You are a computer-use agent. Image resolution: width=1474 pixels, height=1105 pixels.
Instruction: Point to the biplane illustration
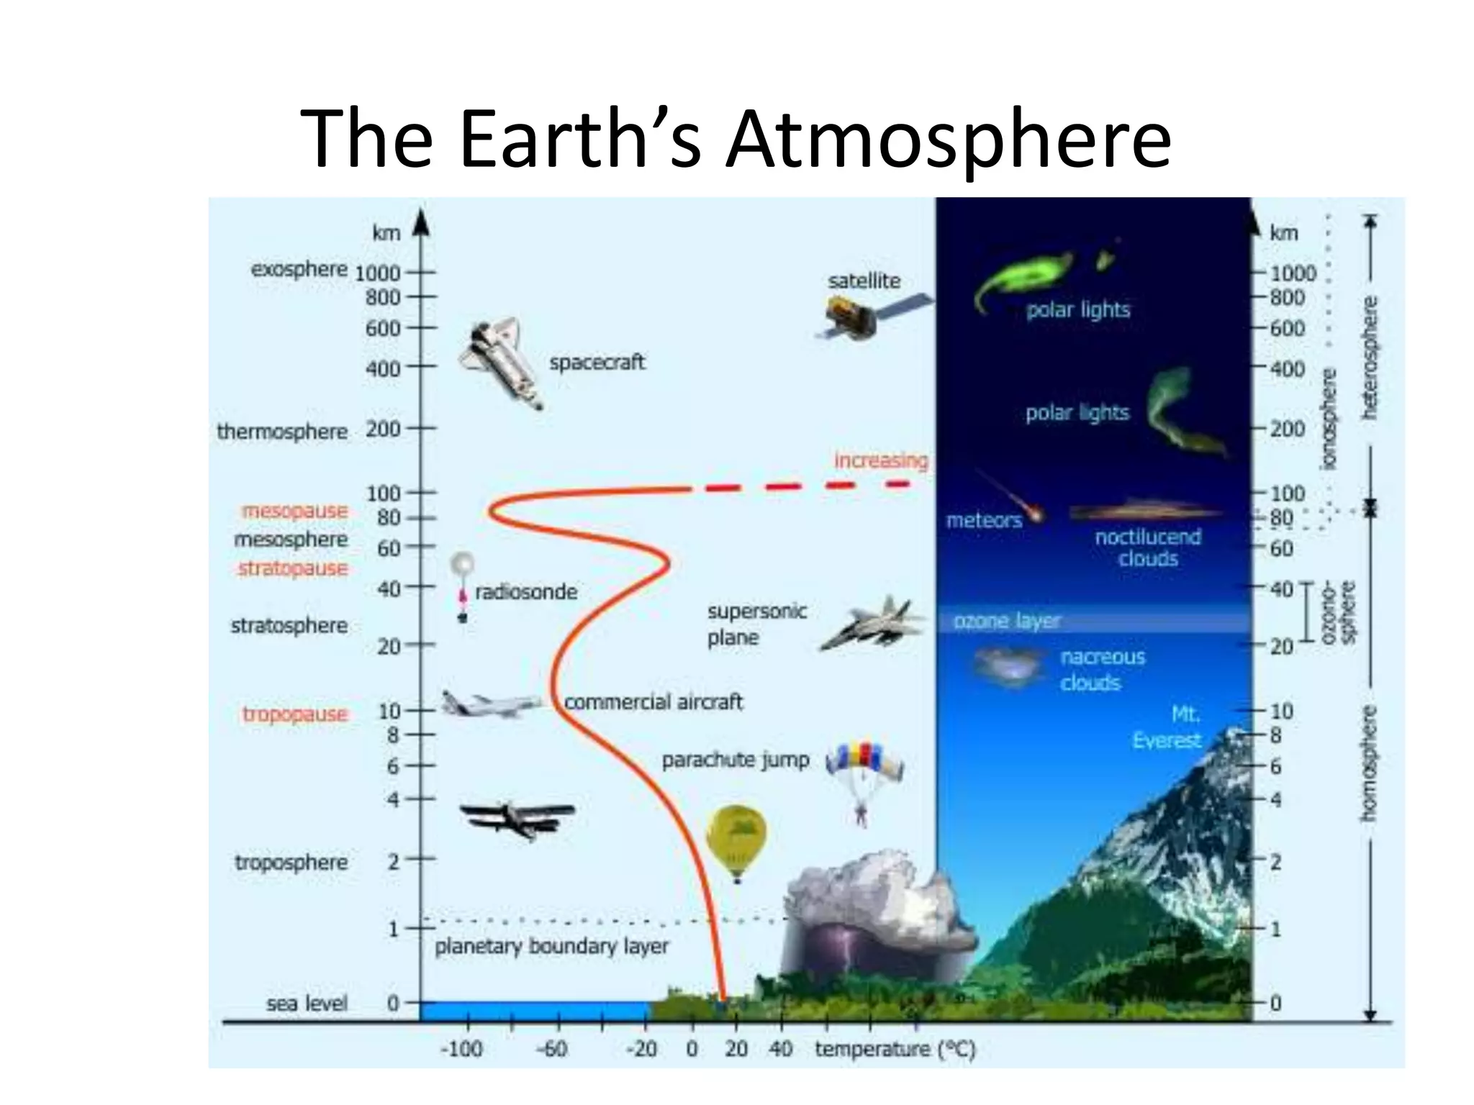[517, 818]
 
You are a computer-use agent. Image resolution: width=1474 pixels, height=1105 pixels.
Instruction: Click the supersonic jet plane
[873, 623]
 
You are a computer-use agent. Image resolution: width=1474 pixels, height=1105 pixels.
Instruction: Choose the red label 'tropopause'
[295, 714]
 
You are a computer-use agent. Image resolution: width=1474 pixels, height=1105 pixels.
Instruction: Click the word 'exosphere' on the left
[299, 269]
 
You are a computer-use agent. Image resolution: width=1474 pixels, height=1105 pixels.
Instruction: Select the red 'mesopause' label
[295, 511]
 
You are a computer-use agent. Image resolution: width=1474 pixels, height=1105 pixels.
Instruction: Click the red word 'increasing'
[881, 460]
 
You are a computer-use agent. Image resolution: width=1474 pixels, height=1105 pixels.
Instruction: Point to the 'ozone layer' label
[1007, 621]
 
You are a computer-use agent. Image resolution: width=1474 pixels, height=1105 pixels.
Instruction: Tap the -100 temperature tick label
[461, 1049]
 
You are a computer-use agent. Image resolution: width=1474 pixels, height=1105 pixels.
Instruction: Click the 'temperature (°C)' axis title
[895, 1049]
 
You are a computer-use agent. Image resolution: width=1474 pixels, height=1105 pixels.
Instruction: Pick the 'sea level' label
[307, 1003]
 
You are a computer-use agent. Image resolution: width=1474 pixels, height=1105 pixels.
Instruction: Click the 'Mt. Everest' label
[1167, 727]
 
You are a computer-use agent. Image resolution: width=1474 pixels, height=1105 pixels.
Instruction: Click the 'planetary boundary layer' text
[551, 946]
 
